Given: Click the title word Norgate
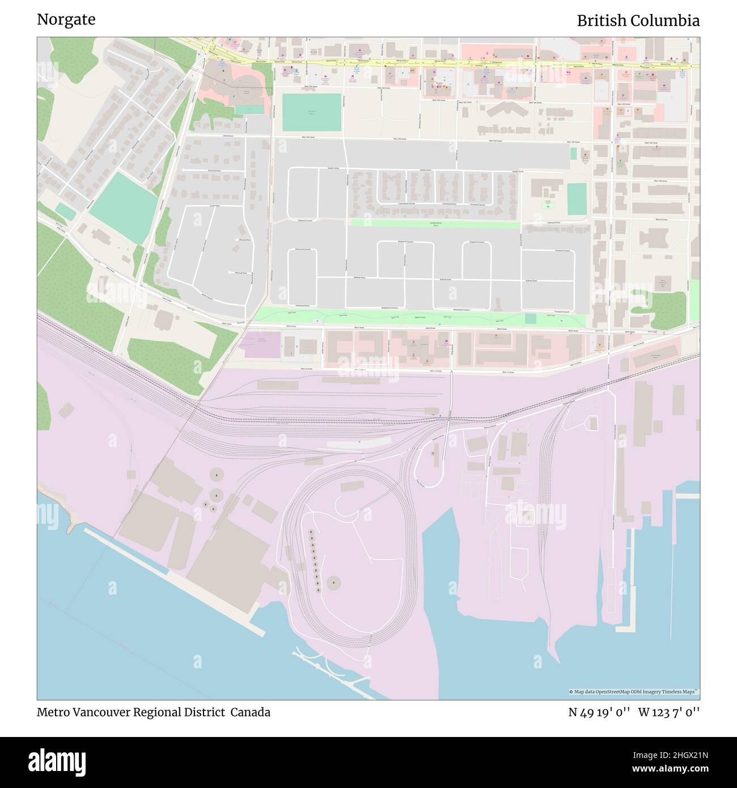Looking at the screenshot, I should [66, 20].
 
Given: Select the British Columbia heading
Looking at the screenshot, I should [638, 21].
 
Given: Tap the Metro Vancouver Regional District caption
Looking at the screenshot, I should [130, 713].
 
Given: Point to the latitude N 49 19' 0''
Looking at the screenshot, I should [600, 713].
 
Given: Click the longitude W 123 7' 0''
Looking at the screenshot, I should [669, 713].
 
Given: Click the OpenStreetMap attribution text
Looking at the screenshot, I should [634, 692].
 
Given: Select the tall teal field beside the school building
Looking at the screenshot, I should [577, 199].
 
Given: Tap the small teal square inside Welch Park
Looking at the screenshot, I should [530, 319].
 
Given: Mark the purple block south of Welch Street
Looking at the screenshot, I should [260, 345].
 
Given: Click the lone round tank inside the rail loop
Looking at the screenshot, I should [334, 582].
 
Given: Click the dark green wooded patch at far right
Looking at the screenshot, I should [669, 311].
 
